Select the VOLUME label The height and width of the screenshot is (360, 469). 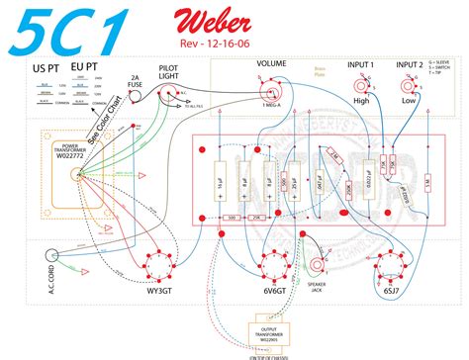271,63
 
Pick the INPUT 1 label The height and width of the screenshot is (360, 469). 360,63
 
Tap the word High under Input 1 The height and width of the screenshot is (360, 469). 360,102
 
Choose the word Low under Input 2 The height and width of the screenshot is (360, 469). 408,102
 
